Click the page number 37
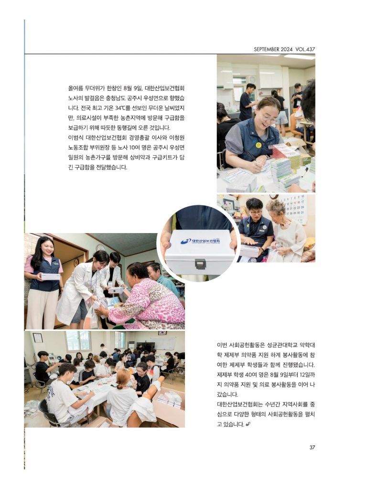[x=312, y=447]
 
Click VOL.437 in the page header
[x=305, y=49]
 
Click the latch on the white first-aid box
[x=200, y=264]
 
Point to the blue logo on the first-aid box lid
[x=186, y=242]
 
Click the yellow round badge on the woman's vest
[x=259, y=145]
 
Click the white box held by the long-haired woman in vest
[x=50, y=276]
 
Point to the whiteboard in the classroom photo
[x=162, y=343]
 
